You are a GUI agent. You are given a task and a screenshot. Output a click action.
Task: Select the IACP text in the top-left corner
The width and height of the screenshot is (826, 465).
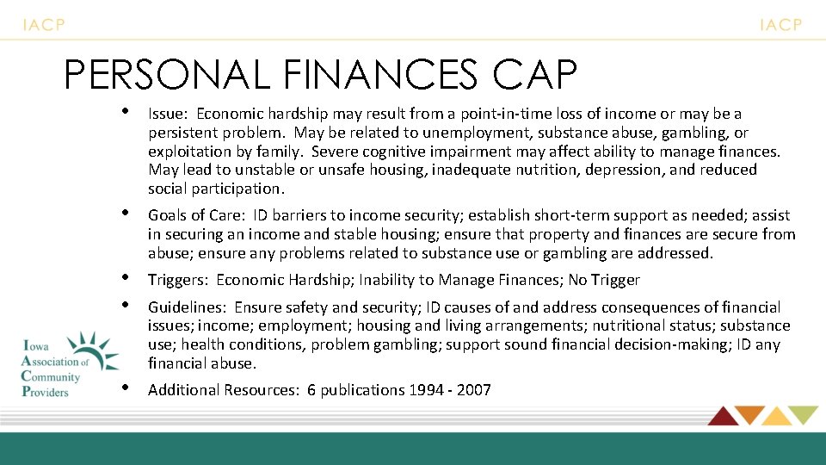coord(44,25)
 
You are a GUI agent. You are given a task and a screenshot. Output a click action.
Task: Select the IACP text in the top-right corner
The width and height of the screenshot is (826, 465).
coord(780,25)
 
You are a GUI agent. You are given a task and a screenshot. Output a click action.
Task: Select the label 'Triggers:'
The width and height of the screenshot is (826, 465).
coord(179,280)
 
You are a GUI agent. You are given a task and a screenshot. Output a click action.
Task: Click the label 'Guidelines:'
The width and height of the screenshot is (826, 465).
coord(188,307)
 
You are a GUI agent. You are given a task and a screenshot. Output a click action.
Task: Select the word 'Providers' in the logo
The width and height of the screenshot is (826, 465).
coord(45,391)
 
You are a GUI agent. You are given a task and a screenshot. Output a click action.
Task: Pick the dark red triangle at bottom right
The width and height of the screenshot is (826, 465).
coord(723,415)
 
